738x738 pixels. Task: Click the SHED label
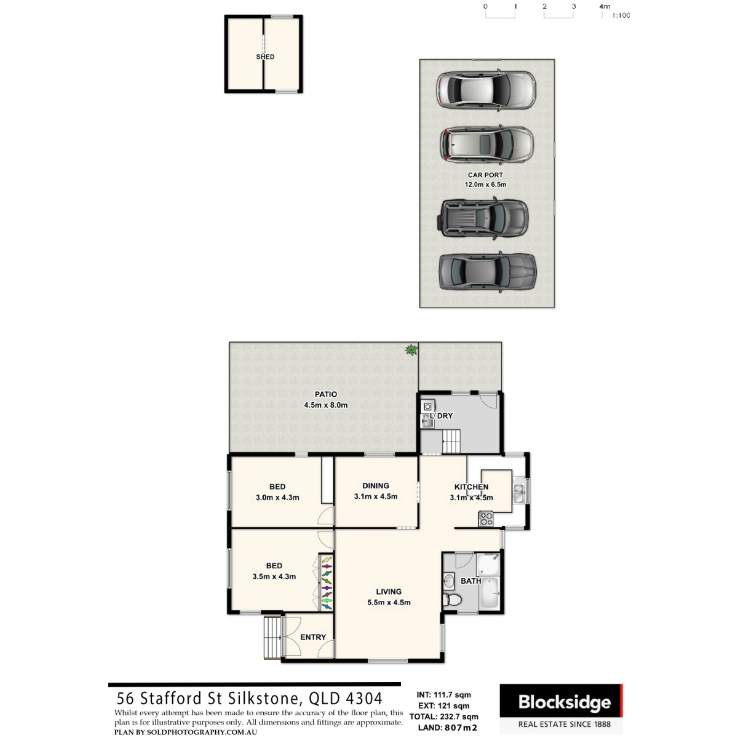265,57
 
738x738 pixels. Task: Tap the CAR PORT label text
485,175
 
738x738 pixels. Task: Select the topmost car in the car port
486,90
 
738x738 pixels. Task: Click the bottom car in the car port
486,272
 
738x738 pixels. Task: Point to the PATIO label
326,394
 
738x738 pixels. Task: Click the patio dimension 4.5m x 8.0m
326,405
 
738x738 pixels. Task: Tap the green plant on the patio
410,351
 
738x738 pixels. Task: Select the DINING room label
376,485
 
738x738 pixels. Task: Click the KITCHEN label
471,486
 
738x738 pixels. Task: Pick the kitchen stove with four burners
486,519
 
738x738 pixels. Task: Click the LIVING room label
389,592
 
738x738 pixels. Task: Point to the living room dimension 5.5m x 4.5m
389,603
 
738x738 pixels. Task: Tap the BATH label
471,581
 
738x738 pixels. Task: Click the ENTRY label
313,637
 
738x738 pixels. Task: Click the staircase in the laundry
451,442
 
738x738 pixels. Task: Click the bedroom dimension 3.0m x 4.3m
277,498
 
